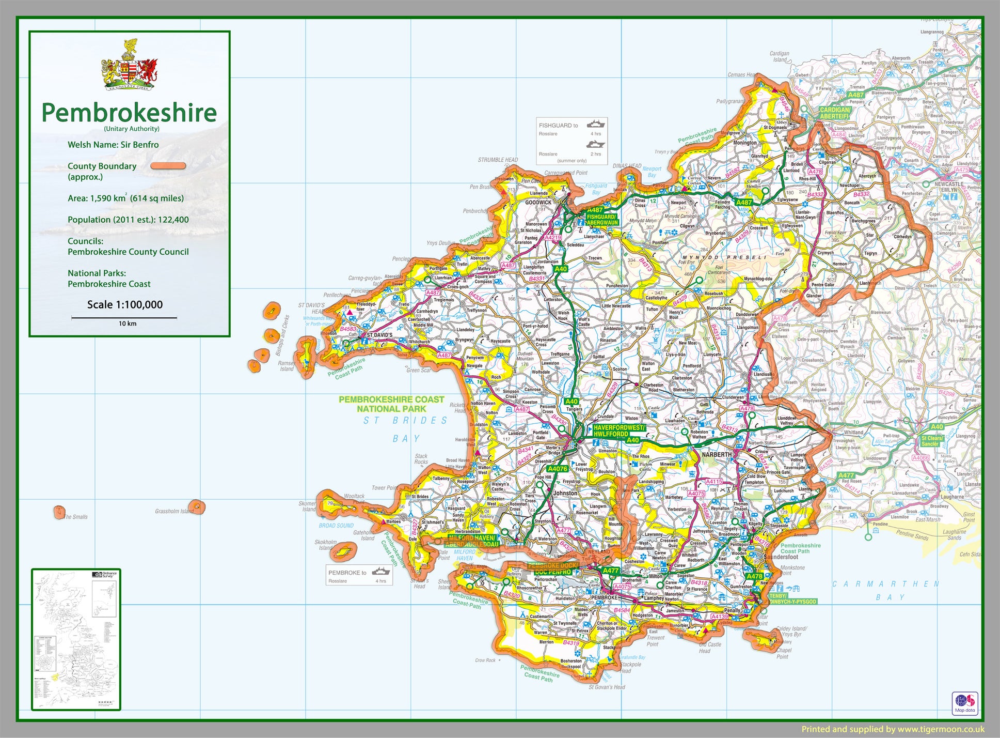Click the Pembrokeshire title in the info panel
(x=129, y=112)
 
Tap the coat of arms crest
(x=130, y=65)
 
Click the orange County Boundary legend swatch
(x=168, y=166)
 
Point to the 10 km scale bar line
(x=124, y=317)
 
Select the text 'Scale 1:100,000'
(x=125, y=304)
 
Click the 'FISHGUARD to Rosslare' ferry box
(x=572, y=141)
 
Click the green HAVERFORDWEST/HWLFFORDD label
(x=618, y=431)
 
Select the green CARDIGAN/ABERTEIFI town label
(x=834, y=113)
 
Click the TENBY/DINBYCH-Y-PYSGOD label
(x=792, y=598)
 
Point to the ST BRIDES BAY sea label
(x=406, y=429)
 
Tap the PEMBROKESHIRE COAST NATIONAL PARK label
(x=391, y=404)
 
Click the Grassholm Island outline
(x=197, y=506)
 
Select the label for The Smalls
(x=76, y=517)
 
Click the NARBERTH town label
(x=716, y=455)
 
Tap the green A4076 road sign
(x=557, y=469)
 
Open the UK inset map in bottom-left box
(x=76, y=639)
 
